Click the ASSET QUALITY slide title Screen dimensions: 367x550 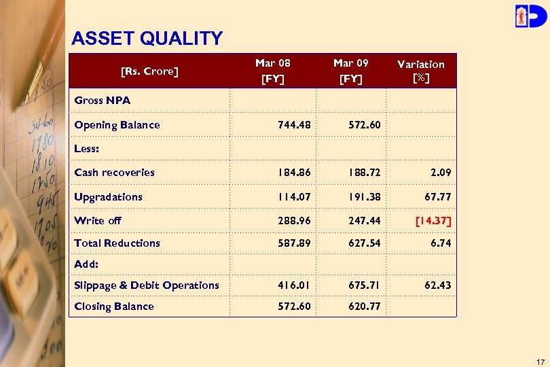147,39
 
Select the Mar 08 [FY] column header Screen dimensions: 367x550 273,71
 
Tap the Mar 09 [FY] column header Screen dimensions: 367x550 351,71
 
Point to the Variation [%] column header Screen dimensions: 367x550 421,71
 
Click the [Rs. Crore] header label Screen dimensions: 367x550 149,71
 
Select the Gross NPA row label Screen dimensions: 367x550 103,101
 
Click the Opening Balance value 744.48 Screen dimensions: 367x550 295,125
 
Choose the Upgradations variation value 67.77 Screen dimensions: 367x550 436,197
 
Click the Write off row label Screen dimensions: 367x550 98,221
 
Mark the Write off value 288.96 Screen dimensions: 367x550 295,221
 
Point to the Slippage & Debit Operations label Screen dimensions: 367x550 147,285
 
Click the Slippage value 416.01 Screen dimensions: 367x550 295,285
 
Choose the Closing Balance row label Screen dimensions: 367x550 114,307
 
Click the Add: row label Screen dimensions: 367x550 86,264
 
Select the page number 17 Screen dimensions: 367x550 540,361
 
